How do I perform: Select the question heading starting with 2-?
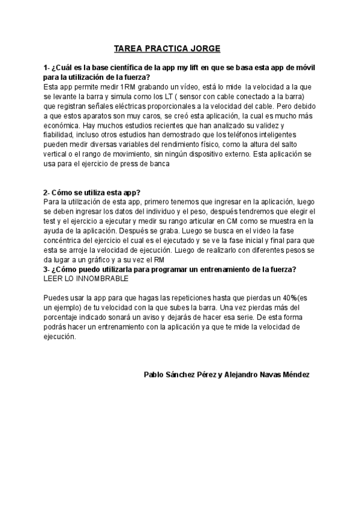pos(92,192)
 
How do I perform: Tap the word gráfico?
pos(98,261)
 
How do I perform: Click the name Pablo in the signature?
pos(155,374)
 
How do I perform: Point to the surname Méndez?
pos(293,374)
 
